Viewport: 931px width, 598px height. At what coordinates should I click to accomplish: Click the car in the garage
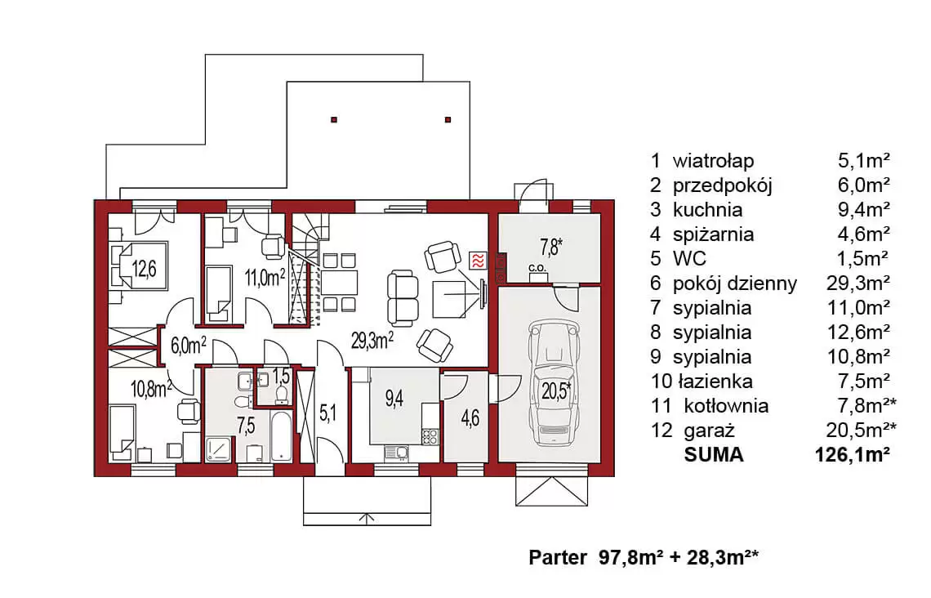tap(554, 383)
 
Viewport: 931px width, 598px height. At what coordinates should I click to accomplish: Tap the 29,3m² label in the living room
tap(372, 341)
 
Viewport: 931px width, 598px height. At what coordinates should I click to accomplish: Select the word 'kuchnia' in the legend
tap(707, 210)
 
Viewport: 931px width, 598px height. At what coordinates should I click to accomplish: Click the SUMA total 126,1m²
tap(853, 455)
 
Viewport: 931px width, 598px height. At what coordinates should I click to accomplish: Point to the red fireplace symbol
tap(478, 261)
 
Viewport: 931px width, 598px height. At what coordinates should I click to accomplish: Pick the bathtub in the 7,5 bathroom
tap(281, 436)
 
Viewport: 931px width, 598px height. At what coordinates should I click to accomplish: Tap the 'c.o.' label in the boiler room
tap(537, 268)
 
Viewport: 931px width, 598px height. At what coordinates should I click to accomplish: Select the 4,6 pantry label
tap(470, 418)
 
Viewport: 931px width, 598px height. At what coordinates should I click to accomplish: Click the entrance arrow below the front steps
tap(367, 518)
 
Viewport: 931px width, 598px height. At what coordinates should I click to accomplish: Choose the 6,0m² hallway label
tap(188, 345)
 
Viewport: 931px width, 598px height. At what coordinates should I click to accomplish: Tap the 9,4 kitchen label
tap(394, 398)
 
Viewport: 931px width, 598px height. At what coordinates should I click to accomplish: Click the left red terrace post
tap(334, 120)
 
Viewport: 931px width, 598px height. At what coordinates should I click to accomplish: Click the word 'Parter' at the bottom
tap(558, 558)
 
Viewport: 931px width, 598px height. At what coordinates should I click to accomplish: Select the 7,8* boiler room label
tap(550, 247)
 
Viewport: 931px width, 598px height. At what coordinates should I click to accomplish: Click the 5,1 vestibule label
tap(327, 413)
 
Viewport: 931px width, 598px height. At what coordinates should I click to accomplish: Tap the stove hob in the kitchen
tap(430, 437)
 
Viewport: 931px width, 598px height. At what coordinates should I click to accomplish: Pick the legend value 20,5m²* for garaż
tap(861, 430)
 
